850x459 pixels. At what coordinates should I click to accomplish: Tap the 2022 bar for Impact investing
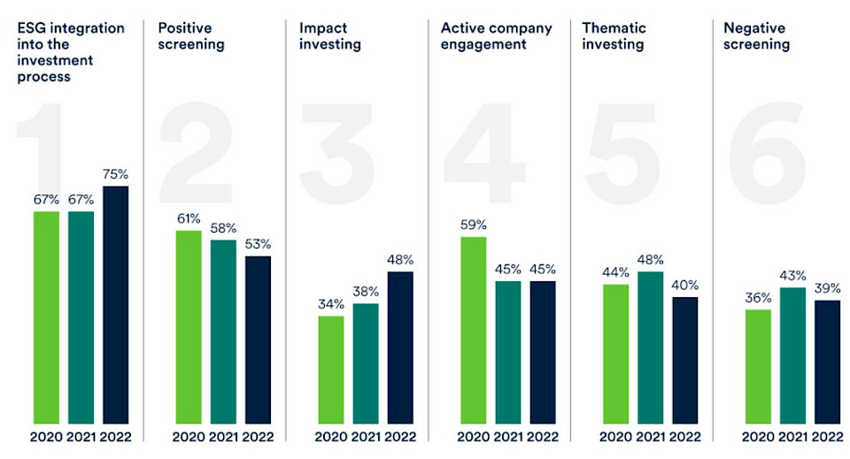[400, 347]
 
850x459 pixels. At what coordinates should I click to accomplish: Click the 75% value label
[116, 174]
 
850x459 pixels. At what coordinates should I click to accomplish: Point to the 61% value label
[188, 218]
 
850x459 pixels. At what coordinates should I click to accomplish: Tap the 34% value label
[330, 304]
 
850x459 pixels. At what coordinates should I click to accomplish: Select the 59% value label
[473, 225]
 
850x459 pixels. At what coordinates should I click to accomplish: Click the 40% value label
[684, 285]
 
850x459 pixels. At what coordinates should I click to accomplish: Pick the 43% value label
[792, 276]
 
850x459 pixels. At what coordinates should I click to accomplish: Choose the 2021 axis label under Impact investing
[365, 436]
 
